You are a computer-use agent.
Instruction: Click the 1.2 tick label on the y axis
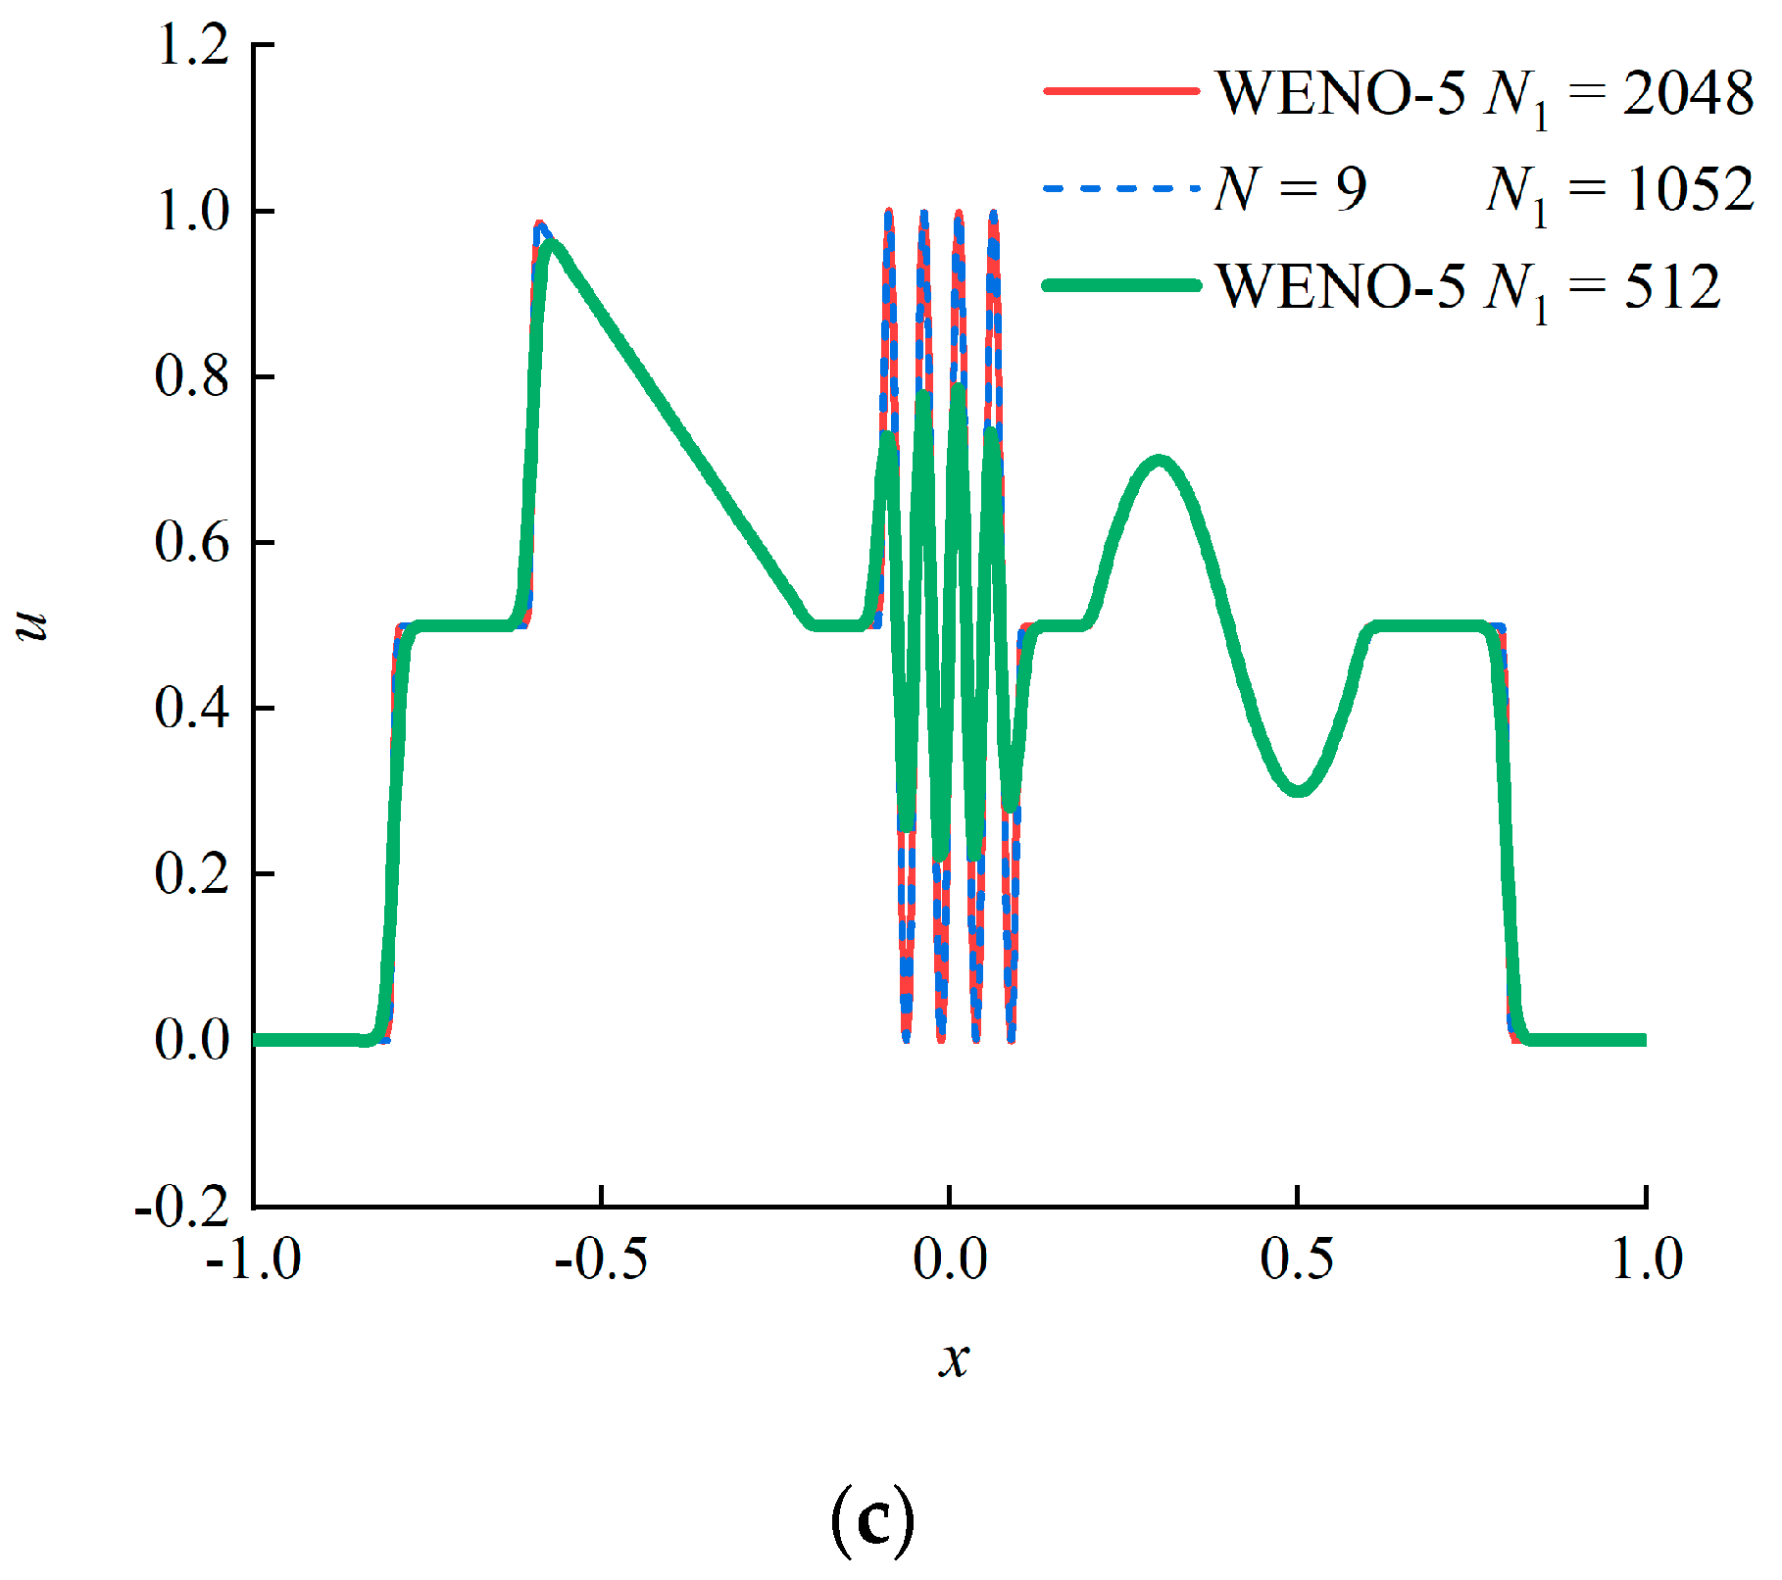click(x=192, y=45)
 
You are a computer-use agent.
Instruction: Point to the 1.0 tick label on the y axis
click(x=192, y=211)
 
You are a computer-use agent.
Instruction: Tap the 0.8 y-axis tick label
click(x=192, y=376)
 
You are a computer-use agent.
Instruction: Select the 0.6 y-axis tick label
click(x=192, y=542)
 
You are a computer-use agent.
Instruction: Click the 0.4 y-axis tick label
click(x=192, y=708)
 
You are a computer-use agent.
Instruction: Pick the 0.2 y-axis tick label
click(x=192, y=873)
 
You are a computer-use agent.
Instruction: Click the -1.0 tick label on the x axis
click(x=253, y=1259)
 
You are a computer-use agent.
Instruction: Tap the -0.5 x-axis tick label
click(x=601, y=1259)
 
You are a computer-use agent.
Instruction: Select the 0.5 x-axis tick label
click(x=1297, y=1259)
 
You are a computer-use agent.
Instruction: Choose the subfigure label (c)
click(x=871, y=1520)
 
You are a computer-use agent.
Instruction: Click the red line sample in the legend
click(x=1121, y=91)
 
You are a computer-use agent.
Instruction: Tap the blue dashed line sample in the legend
click(x=1121, y=188)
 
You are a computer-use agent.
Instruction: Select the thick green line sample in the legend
click(x=1121, y=285)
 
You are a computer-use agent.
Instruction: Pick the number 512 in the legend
click(x=1672, y=286)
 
